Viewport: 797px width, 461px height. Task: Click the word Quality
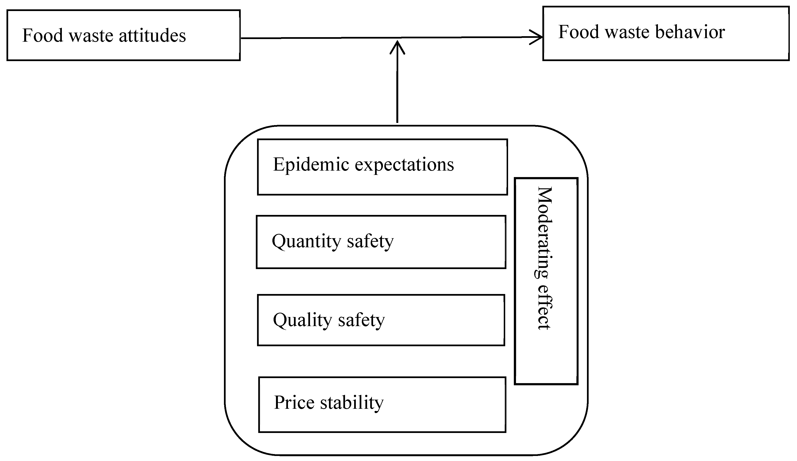(302, 320)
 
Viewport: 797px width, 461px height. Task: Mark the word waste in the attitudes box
(91, 35)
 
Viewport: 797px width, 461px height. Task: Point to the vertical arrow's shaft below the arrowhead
(397, 88)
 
